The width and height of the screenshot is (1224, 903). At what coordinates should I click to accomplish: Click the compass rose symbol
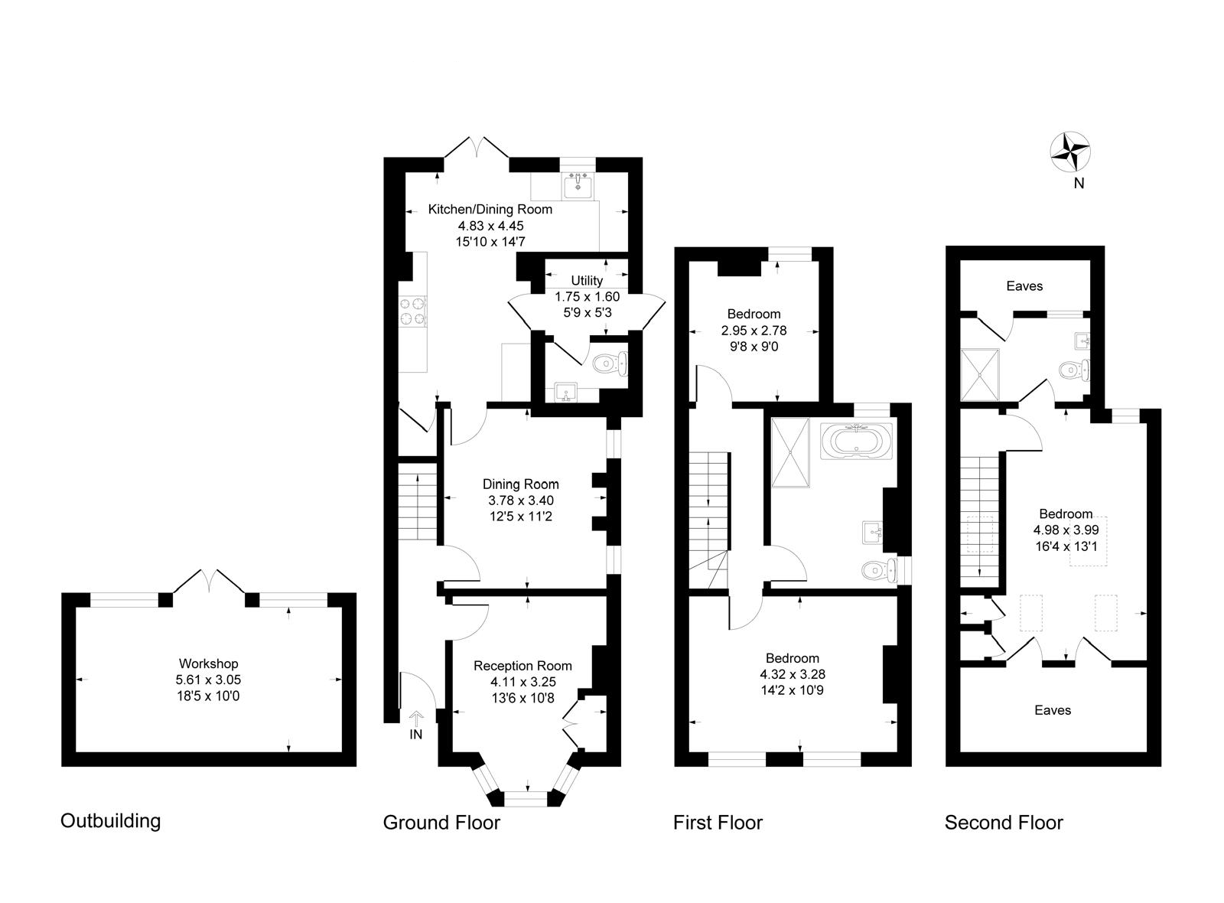click(1069, 152)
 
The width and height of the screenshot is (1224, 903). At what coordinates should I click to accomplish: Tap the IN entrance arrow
click(416, 720)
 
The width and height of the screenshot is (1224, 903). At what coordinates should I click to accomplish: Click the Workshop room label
click(208, 663)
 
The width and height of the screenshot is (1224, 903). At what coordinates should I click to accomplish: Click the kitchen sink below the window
click(575, 184)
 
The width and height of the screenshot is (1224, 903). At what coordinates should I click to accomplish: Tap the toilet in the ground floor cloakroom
click(611, 363)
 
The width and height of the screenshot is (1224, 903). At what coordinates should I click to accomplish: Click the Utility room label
click(587, 281)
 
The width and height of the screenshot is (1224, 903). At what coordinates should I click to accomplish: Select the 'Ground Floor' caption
click(441, 823)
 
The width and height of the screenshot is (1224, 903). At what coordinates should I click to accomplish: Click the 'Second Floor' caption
click(1004, 823)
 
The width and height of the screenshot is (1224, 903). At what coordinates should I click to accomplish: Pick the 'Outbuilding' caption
click(111, 821)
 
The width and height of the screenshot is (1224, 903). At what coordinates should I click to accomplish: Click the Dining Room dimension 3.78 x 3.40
click(521, 500)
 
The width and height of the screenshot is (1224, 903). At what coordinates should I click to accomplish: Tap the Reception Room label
click(522, 666)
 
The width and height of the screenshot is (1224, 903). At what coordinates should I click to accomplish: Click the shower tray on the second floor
click(980, 374)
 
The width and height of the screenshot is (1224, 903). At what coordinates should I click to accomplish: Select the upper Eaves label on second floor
click(1024, 286)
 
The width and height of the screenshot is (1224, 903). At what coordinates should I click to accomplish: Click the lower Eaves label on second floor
click(1053, 710)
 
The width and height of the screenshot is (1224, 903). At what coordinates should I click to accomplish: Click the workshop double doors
click(209, 581)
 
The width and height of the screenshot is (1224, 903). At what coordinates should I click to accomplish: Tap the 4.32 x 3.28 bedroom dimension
click(793, 674)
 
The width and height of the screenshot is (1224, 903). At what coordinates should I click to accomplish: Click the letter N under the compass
click(1079, 183)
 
